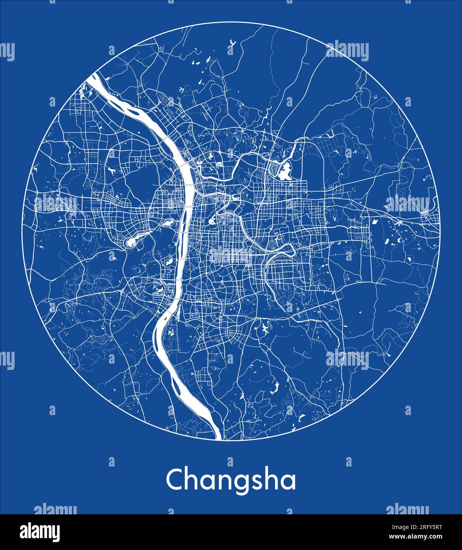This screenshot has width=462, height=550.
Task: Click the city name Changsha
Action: click(x=231, y=480)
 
